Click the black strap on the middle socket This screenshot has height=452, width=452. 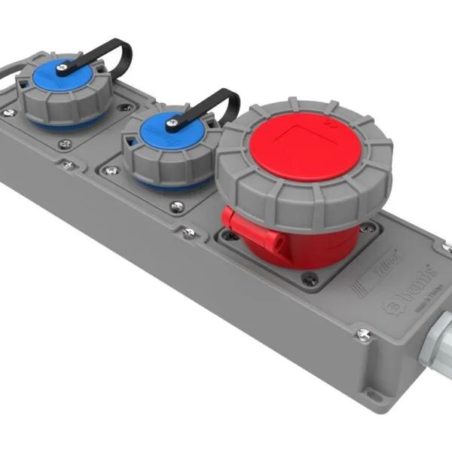click(215, 102)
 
